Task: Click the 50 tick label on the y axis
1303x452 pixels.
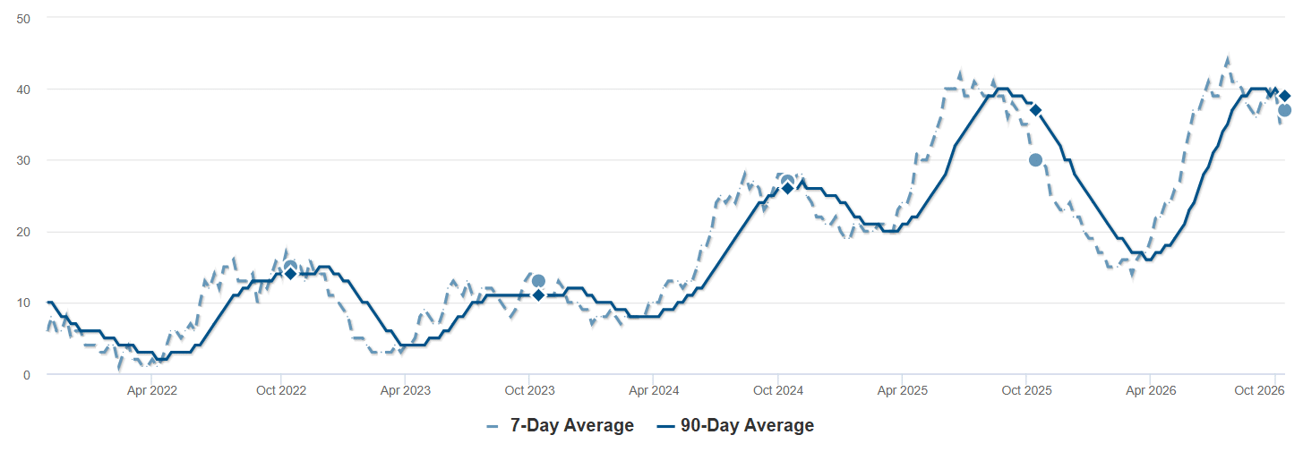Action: tap(23, 19)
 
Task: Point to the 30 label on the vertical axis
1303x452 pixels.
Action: tap(23, 160)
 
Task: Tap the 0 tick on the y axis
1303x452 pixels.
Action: tap(27, 375)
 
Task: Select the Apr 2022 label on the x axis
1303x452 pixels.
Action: tap(152, 390)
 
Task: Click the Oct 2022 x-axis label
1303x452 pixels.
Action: tap(281, 390)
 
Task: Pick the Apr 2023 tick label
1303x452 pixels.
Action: tap(406, 390)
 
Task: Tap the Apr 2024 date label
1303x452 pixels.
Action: tap(654, 390)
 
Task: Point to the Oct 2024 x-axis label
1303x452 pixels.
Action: tap(778, 390)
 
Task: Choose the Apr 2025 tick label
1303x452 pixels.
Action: tap(902, 390)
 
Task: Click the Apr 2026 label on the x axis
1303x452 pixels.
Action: tap(1151, 390)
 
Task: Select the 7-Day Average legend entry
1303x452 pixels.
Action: tap(561, 426)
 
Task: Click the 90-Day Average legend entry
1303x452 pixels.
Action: tap(735, 426)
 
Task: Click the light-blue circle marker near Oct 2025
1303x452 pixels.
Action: tap(1035, 160)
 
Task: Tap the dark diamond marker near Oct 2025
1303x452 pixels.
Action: tap(1035, 110)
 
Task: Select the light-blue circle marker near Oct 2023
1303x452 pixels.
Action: tap(538, 281)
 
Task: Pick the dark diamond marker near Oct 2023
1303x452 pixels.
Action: tap(538, 295)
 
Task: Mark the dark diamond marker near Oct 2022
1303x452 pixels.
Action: tap(290, 273)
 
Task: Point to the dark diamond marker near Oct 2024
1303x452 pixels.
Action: tap(787, 188)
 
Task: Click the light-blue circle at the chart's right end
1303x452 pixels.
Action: tap(1284, 110)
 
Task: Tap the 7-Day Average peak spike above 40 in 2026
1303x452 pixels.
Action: tap(1228, 59)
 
